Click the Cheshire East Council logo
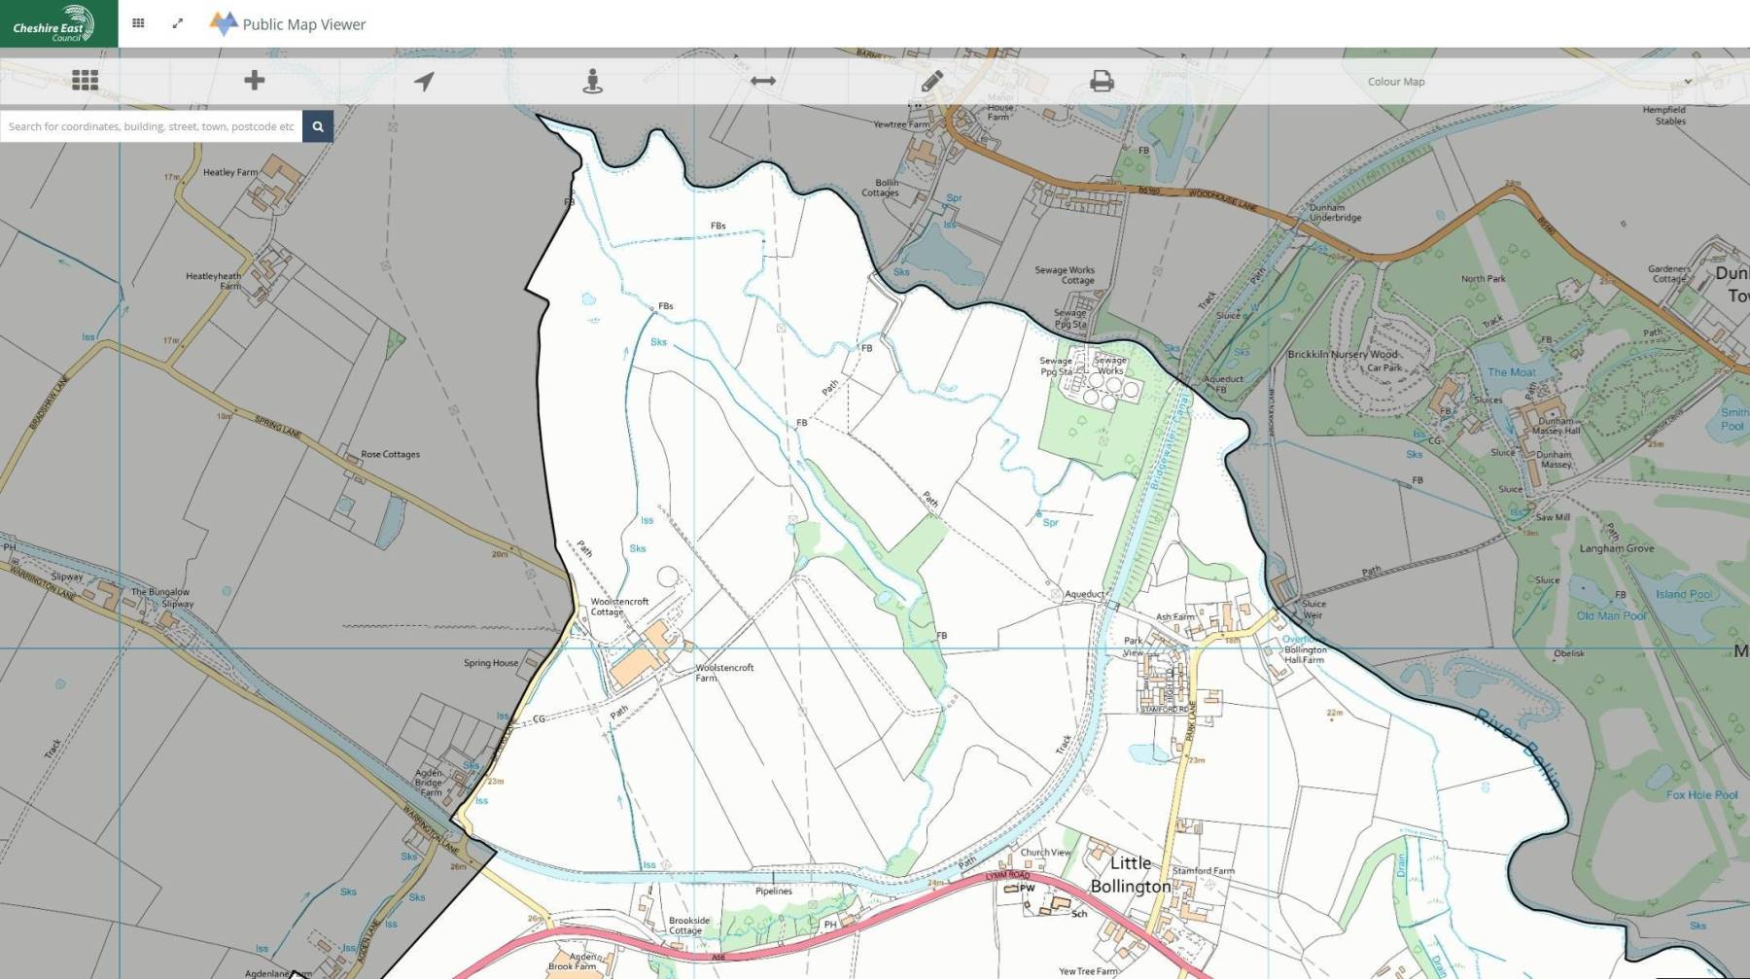point(55,23)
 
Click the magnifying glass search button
point(318,126)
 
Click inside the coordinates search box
point(151,126)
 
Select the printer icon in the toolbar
point(1102,81)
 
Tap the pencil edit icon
point(931,81)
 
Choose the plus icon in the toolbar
point(254,81)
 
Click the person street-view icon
point(592,81)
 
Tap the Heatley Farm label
point(230,172)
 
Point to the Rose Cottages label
point(390,454)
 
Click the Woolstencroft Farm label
point(723,673)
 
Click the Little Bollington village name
point(1130,874)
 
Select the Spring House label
point(491,663)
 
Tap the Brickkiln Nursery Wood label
point(1342,354)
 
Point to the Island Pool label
point(1684,594)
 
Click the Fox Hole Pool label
point(1701,794)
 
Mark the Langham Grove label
point(1616,548)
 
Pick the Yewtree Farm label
point(900,124)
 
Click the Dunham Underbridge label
point(1335,212)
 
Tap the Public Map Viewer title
point(304,24)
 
